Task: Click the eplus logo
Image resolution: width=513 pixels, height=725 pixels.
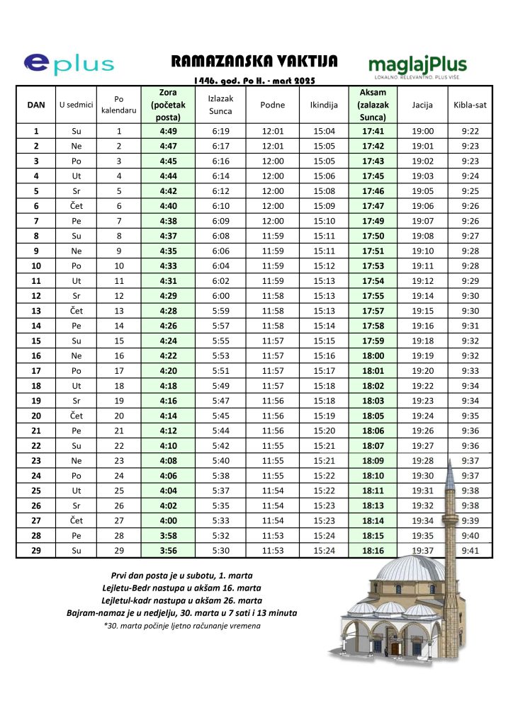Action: pyautogui.click(x=69, y=64)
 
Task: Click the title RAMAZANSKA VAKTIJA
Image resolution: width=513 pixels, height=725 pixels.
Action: pyautogui.click(x=254, y=61)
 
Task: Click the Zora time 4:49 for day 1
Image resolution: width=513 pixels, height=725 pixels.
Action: pyautogui.click(x=168, y=131)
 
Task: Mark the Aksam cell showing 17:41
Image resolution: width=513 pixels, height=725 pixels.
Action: pyautogui.click(x=373, y=131)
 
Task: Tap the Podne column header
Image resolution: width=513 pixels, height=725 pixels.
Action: pyautogui.click(x=273, y=105)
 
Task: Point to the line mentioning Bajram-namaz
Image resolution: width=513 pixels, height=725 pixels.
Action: pyautogui.click(x=181, y=612)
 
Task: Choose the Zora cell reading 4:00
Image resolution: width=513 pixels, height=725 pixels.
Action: pyautogui.click(x=168, y=519)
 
